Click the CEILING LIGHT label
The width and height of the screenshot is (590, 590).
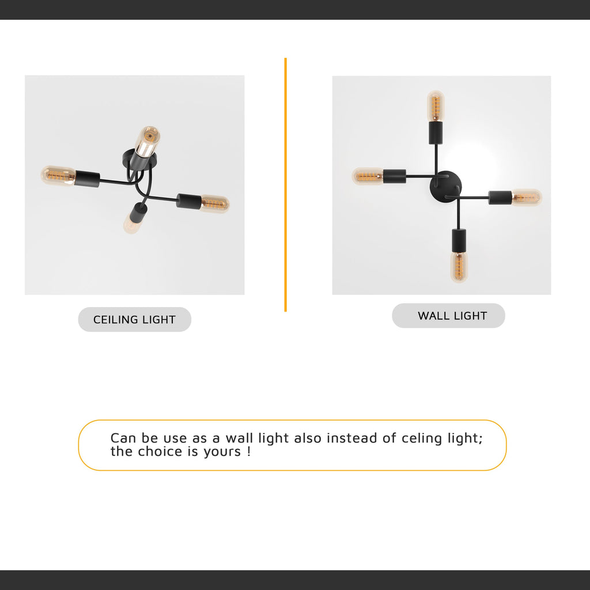click(x=134, y=319)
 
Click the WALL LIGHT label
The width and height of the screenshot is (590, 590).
click(x=452, y=316)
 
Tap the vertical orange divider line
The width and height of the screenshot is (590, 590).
click(x=285, y=184)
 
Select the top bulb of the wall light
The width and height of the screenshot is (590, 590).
click(x=436, y=105)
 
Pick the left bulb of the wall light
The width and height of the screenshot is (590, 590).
click(x=368, y=176)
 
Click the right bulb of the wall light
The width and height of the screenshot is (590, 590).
click(x=527, y=197)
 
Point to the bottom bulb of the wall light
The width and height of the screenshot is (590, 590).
click(x=459, y=266)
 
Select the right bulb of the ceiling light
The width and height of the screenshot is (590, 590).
click(x=214, y=203)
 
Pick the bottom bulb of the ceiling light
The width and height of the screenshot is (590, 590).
click(x=132, y=224)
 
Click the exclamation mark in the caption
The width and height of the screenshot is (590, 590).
click(x=248, y=451)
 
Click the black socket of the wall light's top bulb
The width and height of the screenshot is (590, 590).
click(x=436, y=133)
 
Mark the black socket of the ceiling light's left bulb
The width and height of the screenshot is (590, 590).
click(x=87, y=178)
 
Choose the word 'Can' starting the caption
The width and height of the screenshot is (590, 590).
click(x=123, y=438)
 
